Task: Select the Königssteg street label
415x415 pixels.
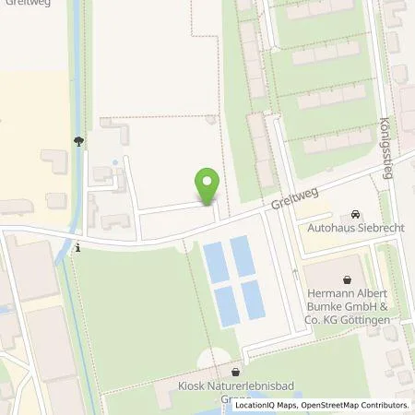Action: point(386,148)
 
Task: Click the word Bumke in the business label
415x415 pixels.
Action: point(328,309)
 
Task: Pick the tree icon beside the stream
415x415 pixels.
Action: point(79,140)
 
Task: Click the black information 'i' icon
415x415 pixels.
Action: point(79,247)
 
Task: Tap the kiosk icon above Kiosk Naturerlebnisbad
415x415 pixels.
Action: point(235,372)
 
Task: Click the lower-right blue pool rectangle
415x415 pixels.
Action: point(253,297)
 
